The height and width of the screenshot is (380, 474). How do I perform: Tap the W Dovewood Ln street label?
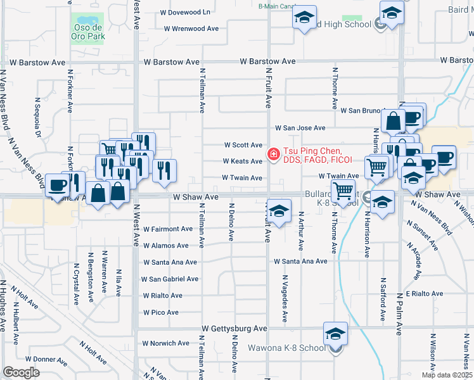185,12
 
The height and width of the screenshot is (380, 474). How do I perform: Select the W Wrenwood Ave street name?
191,28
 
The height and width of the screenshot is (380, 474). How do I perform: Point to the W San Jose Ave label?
300,128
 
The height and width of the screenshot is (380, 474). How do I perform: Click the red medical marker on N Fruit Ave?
274,154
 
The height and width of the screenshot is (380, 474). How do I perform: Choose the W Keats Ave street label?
242,161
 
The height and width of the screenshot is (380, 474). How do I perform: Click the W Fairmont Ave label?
168,229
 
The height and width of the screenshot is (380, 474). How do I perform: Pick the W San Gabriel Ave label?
170,279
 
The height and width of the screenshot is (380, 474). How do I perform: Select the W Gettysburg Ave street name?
234,329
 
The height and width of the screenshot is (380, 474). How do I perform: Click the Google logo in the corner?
21,372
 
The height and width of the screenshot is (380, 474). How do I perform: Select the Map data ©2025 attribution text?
447,375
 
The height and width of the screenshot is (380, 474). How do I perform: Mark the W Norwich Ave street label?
166,343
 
